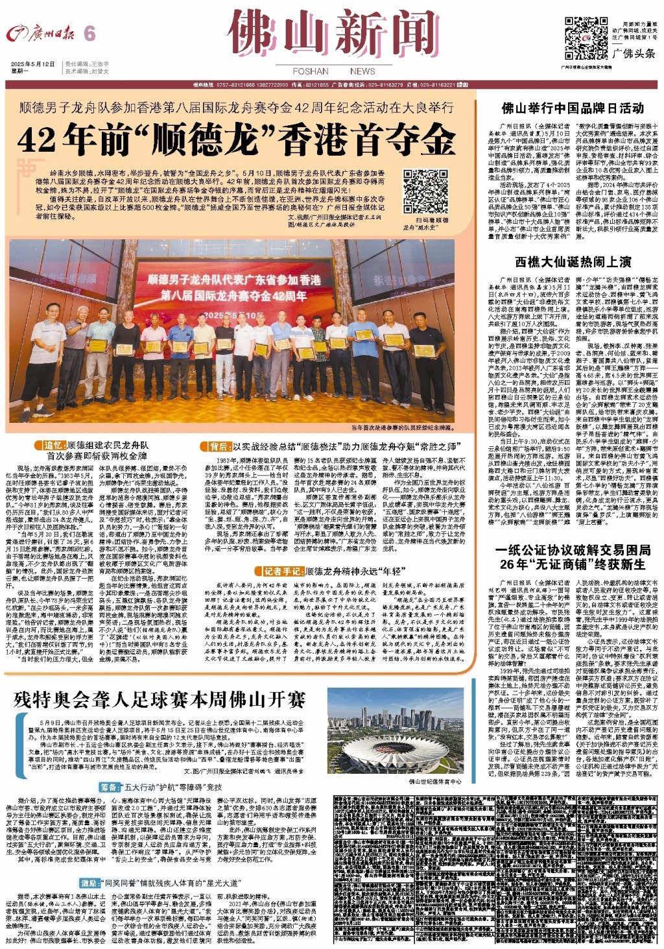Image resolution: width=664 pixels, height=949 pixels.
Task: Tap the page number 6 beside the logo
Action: [89, 34]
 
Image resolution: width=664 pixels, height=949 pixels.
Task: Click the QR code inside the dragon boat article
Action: [425, 191]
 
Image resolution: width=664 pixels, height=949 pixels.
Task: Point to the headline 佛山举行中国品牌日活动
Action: [573, 108]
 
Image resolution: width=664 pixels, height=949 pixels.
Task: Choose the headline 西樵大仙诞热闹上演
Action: [573, 262]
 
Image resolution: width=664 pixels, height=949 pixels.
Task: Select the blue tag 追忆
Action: [53, 446]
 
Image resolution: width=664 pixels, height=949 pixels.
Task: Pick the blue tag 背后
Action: [218, 447]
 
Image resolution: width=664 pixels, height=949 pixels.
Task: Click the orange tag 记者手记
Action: [283, 571]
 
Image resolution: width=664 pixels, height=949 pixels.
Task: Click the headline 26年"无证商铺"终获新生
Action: [573, 564]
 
